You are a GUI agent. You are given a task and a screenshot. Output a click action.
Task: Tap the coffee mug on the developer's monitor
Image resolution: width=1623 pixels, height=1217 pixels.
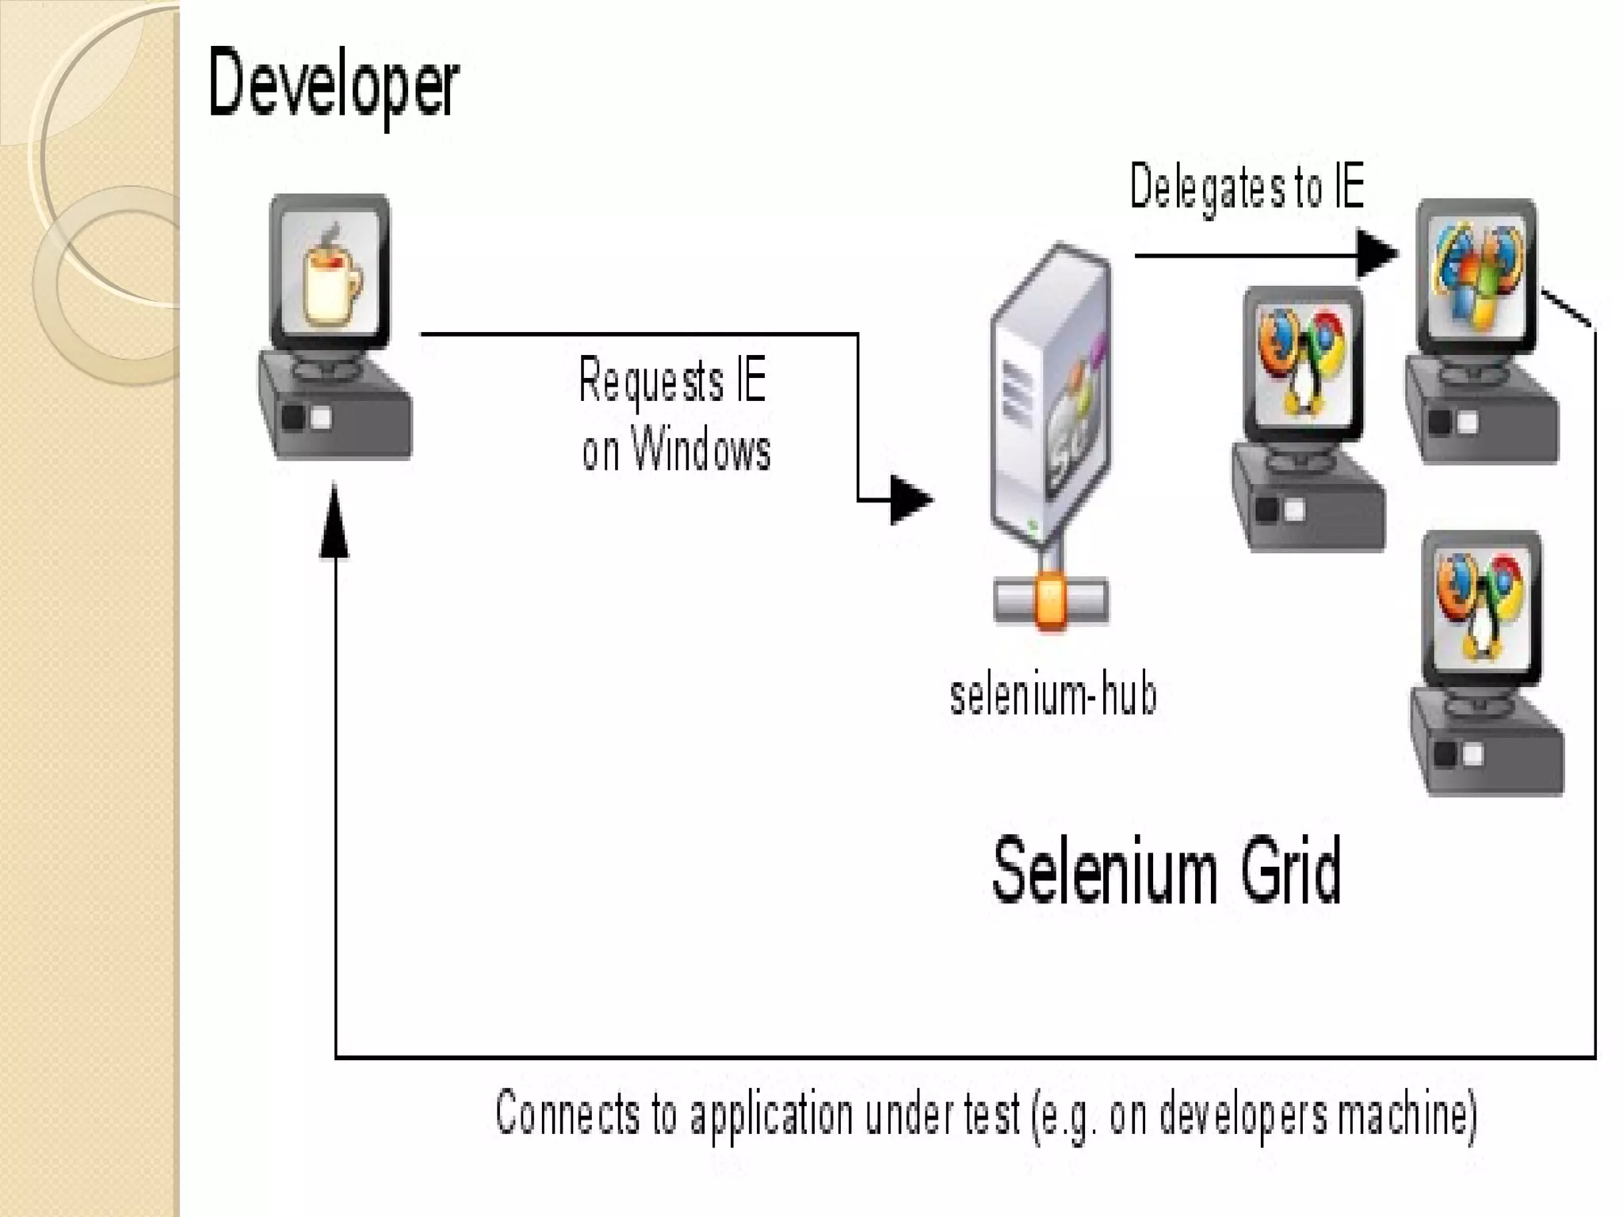point(331,277)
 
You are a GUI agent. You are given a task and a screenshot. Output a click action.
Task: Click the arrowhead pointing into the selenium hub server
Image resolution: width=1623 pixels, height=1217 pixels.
point(910,500)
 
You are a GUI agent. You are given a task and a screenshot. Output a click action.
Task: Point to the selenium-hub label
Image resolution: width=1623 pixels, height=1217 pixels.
point(1053,696)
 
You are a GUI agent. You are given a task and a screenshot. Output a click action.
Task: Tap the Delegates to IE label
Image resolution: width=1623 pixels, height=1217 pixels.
point(1247,187)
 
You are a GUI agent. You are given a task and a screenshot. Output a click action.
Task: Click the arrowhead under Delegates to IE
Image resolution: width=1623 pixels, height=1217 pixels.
point(1377,254)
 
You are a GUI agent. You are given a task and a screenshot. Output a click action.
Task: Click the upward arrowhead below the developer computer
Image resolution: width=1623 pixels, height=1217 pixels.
point(334,523)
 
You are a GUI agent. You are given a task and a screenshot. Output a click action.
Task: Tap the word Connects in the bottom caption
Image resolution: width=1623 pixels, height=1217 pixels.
point(567,1113)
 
